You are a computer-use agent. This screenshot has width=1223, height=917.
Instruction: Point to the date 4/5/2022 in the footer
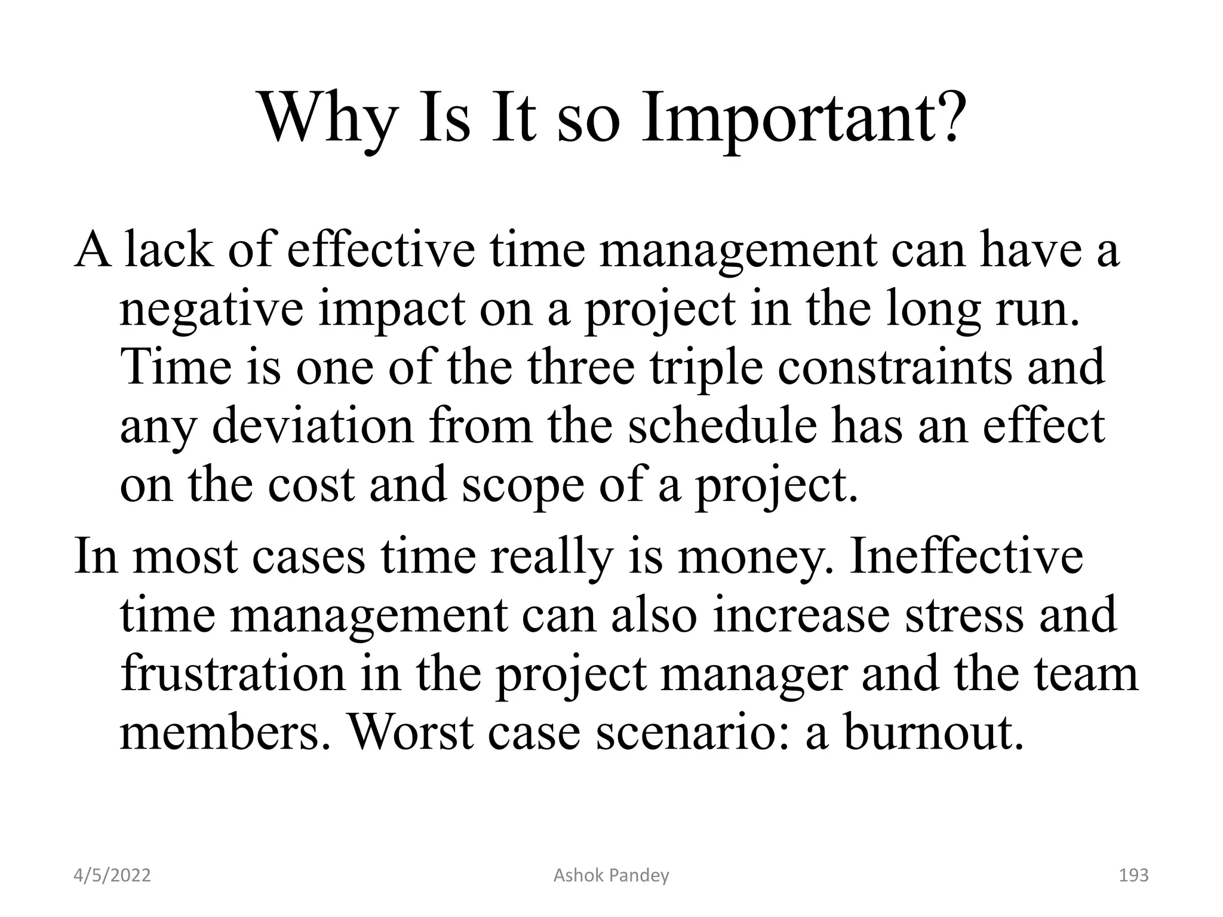[x=112, y=875]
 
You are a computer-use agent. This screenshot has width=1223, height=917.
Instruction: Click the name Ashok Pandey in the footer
[x=611, y=875]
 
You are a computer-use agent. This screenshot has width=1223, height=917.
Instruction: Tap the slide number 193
[x=1133, y=875]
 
